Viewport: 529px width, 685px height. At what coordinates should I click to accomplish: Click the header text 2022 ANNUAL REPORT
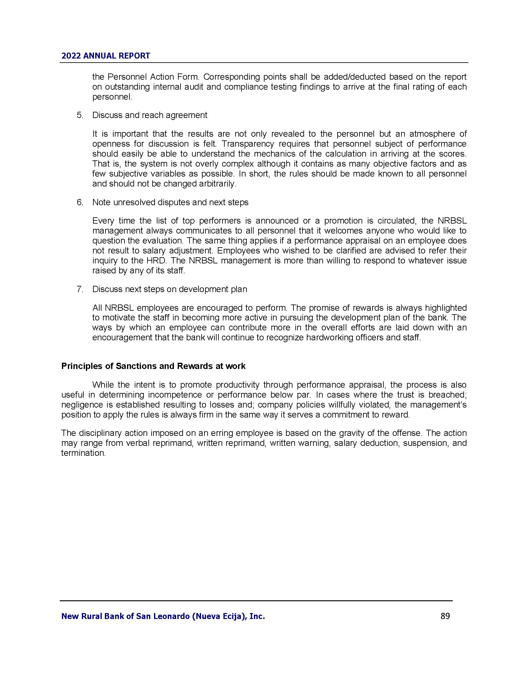click(105, 56)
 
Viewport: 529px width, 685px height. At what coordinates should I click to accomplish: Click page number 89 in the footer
click(445, 616)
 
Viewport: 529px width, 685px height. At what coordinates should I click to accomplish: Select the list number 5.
click(80, 115)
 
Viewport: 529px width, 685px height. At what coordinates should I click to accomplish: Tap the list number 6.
click(80, 202)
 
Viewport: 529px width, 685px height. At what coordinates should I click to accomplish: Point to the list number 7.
click(80, 289)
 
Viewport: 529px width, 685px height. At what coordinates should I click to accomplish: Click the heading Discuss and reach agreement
click(149, 115)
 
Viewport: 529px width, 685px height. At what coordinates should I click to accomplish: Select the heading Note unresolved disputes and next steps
click(170, 202)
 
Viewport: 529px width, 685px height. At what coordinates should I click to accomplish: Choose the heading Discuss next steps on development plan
click(170, 289)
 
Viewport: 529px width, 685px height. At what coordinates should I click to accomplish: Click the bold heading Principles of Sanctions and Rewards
click(153, 366)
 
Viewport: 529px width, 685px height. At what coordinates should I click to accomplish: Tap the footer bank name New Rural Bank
click(163, 616)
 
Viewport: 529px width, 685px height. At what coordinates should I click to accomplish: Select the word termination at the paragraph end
click(83, 453)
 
